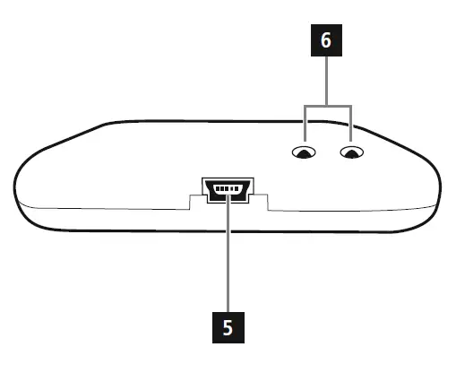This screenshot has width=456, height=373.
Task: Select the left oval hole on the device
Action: tap(305, 153)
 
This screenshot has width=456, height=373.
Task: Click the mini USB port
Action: tap(228, 189)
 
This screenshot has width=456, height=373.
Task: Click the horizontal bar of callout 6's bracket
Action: tap(328, 105)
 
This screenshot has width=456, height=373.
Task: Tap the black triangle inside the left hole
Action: tap(305, 155)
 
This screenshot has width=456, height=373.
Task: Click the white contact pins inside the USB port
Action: tap(228, 188)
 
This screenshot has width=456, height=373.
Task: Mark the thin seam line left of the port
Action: tap(108, 208)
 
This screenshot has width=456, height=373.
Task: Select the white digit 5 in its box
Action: tap(228, 327)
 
